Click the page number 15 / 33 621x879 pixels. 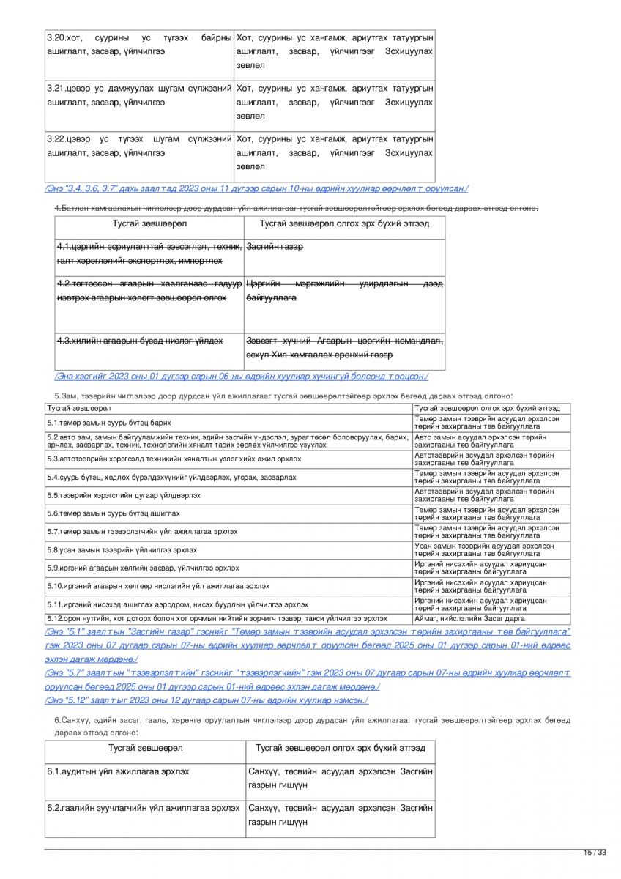pos(595,852)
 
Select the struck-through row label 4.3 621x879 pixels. pos(139,341)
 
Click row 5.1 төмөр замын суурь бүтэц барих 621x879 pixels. pos(109,423)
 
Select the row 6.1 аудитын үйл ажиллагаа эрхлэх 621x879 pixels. pos(118,771)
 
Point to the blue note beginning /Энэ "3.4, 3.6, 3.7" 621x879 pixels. pos(256,188)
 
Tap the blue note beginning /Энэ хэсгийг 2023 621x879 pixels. pos(241,377)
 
